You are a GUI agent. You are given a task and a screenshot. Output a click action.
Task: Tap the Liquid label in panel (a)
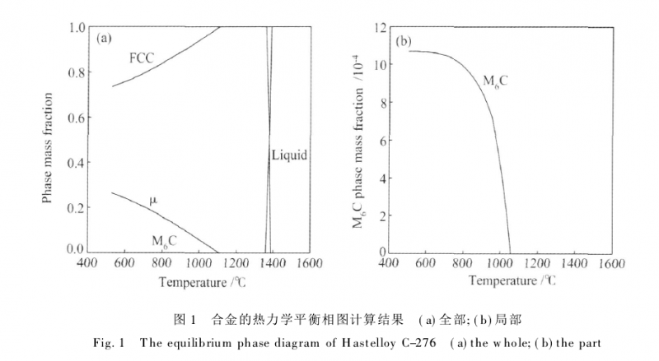coord(288,155)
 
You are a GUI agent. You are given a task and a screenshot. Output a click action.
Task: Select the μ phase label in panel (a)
coord(152,200)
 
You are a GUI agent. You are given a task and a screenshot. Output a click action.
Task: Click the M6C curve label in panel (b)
coord(495,82)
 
